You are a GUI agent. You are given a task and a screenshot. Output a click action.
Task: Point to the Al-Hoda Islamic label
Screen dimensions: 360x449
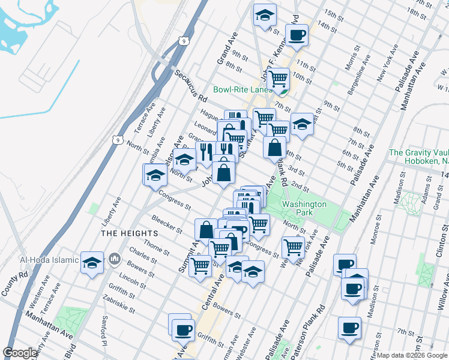click(49, 260)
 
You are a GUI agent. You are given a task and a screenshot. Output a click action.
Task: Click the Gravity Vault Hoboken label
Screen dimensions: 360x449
click(418, 157)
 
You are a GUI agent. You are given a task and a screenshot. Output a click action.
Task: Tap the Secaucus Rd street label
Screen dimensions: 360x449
click(191, 85)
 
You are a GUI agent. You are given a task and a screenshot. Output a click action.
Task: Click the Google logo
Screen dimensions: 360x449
click(20, 353)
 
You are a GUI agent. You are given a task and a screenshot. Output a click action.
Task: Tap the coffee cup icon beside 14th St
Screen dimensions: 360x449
click(296, 35)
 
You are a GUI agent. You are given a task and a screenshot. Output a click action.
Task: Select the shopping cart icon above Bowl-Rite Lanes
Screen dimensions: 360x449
click(278, 78)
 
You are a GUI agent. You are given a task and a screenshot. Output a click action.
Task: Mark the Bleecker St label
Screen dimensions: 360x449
click(167, 223)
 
